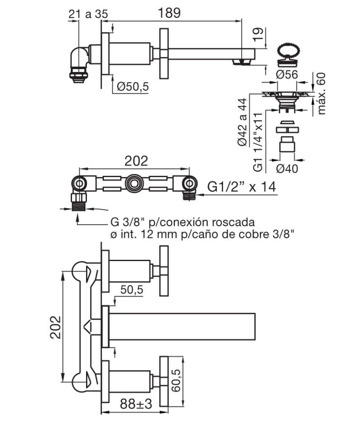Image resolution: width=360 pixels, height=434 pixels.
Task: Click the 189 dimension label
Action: [x=169, y=13]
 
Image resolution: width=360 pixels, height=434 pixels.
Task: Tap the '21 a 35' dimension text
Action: [x=88, y=14]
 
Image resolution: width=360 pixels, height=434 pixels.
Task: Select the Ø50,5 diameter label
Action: [x=133, y=86]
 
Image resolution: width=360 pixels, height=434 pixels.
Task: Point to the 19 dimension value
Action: [x=258, y=35]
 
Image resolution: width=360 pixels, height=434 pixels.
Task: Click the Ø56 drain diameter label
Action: [x=287, y=75]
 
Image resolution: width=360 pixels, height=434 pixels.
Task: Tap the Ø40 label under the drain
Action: [x=287, y=168]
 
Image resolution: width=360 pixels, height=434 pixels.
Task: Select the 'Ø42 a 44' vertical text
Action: [x=242, y=122]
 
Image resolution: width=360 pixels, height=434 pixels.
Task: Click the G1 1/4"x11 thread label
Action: [x=258, y=142]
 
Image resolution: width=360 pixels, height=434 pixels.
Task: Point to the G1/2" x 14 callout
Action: [x=241, y=187]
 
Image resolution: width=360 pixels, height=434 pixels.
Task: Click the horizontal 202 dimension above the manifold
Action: [x=136, y=161]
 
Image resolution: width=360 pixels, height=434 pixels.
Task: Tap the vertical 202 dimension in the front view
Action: [x=56, y=328]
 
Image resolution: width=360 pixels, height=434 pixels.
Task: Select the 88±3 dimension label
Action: [x=136, y=404]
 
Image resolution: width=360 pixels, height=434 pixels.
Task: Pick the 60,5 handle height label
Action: [x=176, y=380]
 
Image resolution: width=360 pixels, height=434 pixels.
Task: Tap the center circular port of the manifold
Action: [x=134, y=183]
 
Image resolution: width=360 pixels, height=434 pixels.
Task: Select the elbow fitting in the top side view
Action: [x=79, y=64]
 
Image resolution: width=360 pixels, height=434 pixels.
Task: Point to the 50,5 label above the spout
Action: [x=131, y=289]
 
